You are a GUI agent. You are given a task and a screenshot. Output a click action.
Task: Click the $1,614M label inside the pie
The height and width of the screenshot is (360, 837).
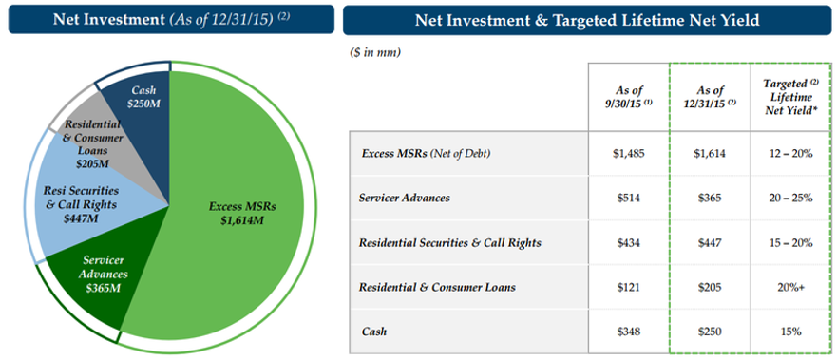243,219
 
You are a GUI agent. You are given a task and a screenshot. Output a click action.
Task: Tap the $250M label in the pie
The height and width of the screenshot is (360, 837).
143,103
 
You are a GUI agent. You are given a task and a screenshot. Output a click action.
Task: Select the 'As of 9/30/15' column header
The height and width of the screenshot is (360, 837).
629,97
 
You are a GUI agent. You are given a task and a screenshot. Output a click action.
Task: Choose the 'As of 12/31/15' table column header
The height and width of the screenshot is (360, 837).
709,97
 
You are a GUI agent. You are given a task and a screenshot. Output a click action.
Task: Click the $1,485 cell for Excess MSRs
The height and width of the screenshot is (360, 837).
629,154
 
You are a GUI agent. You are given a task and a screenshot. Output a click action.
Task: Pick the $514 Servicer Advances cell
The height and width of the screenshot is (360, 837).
629,198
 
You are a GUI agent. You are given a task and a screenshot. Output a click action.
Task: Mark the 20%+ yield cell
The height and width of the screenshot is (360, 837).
790,288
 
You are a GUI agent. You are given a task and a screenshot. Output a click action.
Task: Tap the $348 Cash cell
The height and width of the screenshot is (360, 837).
629,332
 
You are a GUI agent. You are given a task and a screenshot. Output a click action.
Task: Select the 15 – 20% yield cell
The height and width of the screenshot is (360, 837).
790,243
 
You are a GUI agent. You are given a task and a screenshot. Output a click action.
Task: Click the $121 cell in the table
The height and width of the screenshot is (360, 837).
629,288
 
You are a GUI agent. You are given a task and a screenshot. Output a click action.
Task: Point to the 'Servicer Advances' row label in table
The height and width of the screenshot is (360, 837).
404,198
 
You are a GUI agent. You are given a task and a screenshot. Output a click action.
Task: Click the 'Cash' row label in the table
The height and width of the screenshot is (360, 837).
373,332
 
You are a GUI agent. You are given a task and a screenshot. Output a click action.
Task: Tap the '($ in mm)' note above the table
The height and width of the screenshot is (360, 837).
376,52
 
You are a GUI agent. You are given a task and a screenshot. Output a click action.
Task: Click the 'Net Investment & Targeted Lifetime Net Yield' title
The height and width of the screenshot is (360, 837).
587,20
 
